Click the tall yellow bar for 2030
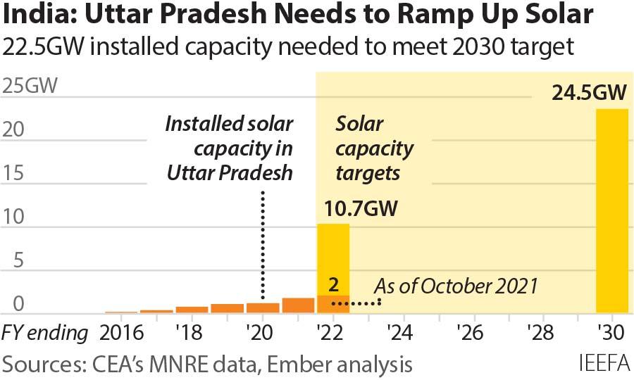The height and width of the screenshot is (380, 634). click(611, 210)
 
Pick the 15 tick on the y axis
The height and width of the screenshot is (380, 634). click(15, 173)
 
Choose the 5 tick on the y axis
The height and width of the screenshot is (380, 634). click(15, 261)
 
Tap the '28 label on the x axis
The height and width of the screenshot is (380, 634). click(542, 331)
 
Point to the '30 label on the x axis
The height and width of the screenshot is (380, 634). click(611, 331)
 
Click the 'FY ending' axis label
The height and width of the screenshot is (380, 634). click(46, 331)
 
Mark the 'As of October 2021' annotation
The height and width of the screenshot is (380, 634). click(455, 286)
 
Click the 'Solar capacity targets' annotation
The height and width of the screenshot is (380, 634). click(373, 148)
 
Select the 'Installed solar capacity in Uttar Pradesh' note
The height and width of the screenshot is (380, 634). click(229, 148)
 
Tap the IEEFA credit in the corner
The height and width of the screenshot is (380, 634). click(604, 365)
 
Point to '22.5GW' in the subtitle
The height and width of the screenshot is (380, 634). click(47, 47)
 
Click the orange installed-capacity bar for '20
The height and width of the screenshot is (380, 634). click(263, 308)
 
